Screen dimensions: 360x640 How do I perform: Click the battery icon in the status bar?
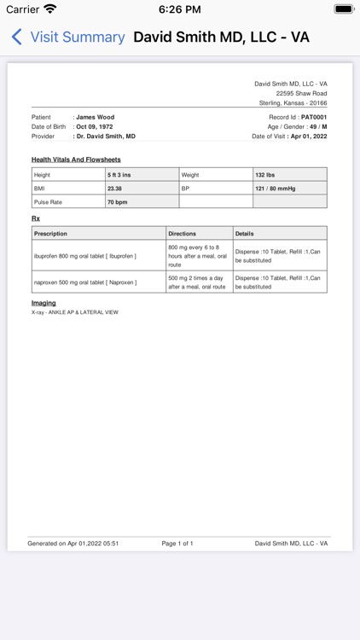344,9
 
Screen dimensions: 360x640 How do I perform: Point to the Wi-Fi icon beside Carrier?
50,9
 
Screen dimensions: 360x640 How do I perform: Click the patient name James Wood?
95,117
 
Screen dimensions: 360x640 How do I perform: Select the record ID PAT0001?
309,117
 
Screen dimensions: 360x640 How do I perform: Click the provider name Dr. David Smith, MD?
106,136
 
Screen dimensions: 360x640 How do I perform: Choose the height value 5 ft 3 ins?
119,174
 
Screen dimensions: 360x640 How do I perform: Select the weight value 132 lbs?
264,174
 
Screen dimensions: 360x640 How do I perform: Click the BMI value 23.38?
114,188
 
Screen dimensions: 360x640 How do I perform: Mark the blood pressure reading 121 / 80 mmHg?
275,188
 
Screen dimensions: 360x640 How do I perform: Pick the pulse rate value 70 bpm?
117,201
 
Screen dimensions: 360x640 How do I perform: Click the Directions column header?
182,233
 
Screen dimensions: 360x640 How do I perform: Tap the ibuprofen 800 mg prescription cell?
85,255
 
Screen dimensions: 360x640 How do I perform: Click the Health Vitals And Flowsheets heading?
76,160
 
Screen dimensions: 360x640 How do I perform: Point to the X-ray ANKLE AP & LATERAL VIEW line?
74,312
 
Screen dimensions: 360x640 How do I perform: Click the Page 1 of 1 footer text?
177,543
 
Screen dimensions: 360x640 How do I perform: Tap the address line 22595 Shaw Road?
301,93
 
